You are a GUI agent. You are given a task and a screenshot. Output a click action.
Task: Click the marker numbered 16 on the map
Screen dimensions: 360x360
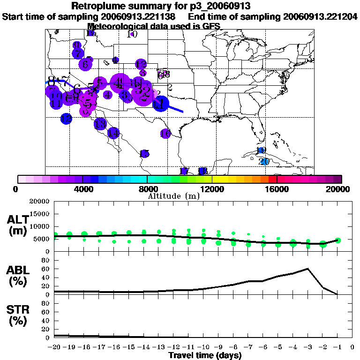pos(165,134)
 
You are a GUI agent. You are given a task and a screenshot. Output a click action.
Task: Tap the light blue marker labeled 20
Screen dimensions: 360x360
pos(264,161)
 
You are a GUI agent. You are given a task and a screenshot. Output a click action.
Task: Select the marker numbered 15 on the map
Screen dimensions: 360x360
pos(144,154)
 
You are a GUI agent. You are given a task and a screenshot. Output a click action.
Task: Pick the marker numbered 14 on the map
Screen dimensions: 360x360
pos(113,133)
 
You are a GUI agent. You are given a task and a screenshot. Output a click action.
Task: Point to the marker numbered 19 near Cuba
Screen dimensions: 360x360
pos(261,150)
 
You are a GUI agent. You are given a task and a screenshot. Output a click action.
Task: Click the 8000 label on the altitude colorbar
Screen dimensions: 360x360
pos(147,189)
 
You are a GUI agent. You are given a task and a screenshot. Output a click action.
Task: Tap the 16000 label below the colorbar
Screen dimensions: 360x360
pos(277,189)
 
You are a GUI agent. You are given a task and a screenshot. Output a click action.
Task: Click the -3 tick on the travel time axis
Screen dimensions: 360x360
pos(307,347)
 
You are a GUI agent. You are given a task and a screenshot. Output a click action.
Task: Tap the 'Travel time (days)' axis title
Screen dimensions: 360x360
pos(205,355)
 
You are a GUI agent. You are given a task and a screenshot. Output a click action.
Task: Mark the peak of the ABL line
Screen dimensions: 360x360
pos(307,269)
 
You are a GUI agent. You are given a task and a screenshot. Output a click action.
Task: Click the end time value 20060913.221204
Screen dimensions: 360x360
pos(321,16)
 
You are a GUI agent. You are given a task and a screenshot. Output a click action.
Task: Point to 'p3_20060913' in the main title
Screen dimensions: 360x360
pos(218,6)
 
